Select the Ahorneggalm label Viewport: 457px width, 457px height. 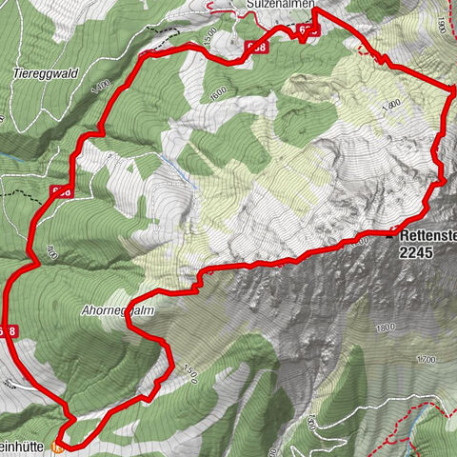(118, 310)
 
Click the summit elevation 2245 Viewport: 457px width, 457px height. (417, 252)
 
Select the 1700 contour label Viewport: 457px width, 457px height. (425, 359)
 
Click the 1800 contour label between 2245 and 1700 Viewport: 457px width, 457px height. (385, 328)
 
